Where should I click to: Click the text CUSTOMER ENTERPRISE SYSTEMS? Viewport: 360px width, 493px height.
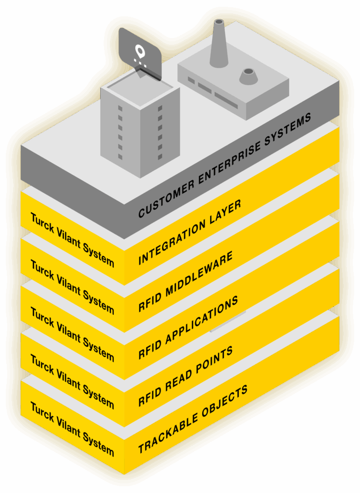(x=225, y=165)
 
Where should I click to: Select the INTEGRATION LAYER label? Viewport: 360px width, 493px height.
(x=189, y=232)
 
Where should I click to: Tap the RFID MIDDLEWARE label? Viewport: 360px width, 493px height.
(x=186, y=281)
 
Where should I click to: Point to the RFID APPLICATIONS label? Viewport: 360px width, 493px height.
(x=188, y=327)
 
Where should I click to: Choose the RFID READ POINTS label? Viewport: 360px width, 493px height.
(x=186, y=376)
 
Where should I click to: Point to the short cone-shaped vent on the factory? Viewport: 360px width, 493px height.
(x=248, y=76)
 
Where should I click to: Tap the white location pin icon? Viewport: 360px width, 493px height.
(x=140, y=51)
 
